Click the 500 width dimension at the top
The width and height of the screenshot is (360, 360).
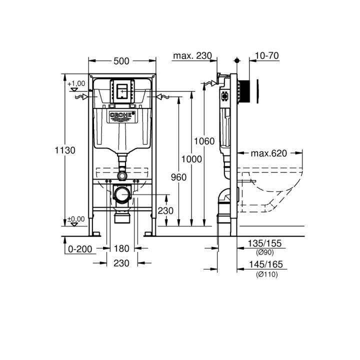coord(121,61)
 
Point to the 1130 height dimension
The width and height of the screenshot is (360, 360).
coord(65,149)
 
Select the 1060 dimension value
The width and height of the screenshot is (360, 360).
coord(205,141)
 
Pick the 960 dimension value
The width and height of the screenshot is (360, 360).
coord(178,177)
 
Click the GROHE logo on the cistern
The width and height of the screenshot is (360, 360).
coord(122,116)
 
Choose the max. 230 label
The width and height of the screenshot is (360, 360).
coord(192,55)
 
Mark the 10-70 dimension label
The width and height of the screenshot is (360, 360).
coord(266,55)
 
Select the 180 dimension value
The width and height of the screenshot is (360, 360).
coord(122,248)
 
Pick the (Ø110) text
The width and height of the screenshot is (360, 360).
coord(266,274)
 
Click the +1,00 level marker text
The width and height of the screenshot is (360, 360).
coord(76,83)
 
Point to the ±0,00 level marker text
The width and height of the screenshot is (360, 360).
coord(76,218)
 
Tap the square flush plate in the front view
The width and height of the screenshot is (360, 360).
coord(122,91)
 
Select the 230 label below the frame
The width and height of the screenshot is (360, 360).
coord(122,262)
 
